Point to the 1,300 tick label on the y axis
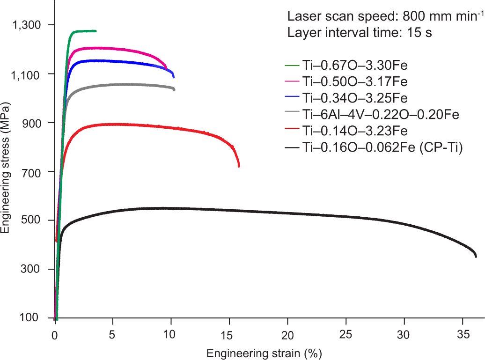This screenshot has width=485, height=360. coord(29,24)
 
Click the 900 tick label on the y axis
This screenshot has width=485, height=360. coord(34,123)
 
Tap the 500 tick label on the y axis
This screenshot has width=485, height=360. coord(34,220)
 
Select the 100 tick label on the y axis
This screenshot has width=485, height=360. coord(34,318)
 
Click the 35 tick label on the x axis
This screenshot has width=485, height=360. coord(463,335)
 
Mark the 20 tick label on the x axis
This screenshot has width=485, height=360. coord(287,335)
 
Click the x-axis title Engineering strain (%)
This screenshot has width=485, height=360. coord(265,352)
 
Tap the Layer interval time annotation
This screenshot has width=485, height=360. coord(359,33)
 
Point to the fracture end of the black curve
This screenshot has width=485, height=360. coord(476,256)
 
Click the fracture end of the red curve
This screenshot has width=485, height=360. coord(239,166)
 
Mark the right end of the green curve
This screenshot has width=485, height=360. coord(96,31)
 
